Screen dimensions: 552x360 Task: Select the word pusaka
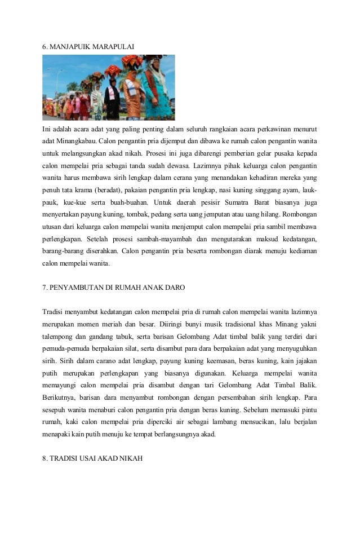click(x=275, y=153)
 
